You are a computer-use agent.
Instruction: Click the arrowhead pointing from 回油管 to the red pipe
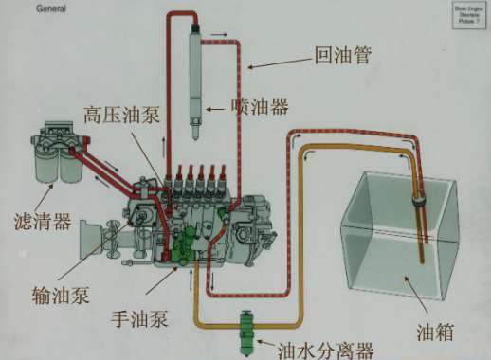click(254, 68)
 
